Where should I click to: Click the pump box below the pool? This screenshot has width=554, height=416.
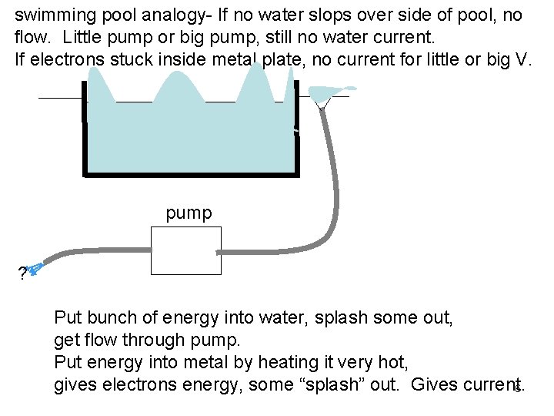tap(185, 250)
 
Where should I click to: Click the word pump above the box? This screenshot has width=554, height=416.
tap(189, 213)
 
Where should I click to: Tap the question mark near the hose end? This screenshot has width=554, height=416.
tap(22, 273)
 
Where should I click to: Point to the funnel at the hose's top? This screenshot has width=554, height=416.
tap(322, 96)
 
